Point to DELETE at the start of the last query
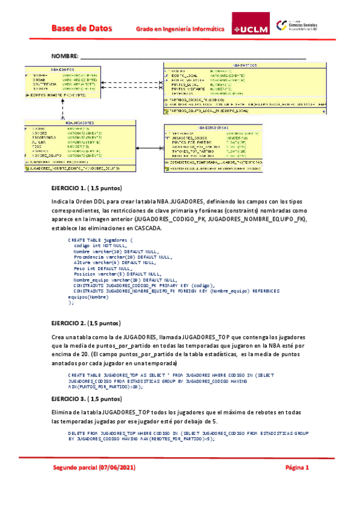[76, 433]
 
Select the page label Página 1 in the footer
[296, 467]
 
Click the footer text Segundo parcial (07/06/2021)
[93, 467]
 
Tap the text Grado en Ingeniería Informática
[180, 28]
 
